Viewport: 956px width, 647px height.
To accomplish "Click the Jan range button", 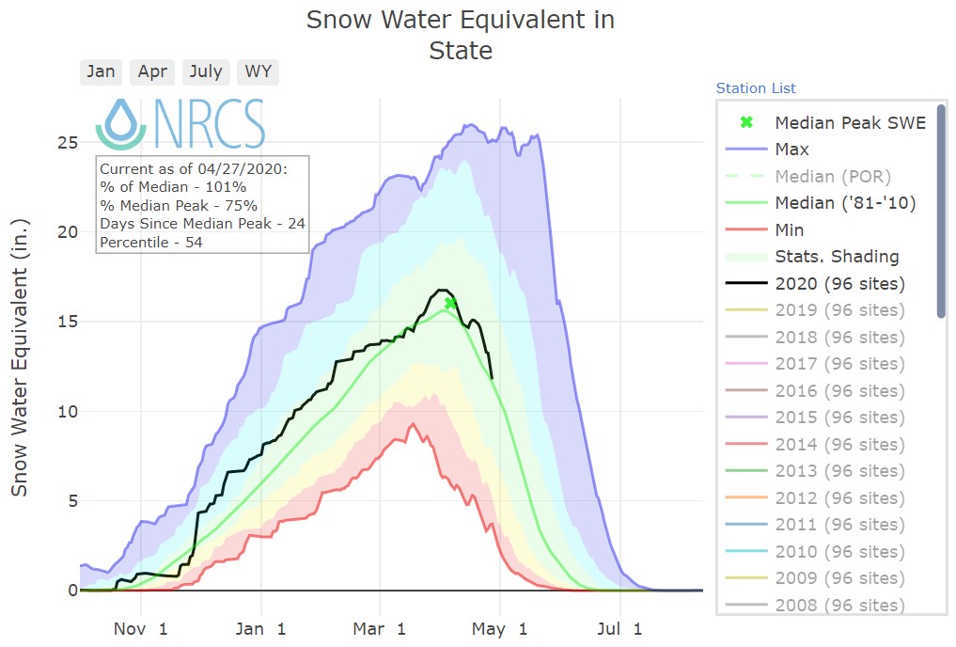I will click(x=101, y=72).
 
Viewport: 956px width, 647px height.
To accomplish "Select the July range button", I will click(x=206, y=72).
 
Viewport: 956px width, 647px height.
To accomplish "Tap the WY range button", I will click(x=257, y=72).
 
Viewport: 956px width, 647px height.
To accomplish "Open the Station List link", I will click(x=756, y=88).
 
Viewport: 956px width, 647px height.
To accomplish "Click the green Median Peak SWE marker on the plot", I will click(x=451, y=303).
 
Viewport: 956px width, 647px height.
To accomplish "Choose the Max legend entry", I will click(x=791, y=150).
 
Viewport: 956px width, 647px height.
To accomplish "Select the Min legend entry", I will click(x=790, y=230).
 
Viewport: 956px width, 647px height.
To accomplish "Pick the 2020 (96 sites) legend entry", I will click(x=839, y=284).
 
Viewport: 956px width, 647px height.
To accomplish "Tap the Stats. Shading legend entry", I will click(x=837, y=257).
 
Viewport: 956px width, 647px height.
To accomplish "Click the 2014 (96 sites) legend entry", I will click(x=839, y=445).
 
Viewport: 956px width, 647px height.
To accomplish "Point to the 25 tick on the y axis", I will click(x=63, y=143).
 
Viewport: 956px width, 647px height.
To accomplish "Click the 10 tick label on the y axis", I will click(x=63, y=412).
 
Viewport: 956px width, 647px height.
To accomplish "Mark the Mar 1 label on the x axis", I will click(x=381, y=627).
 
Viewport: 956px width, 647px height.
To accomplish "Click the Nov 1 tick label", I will click(x=141, y=627).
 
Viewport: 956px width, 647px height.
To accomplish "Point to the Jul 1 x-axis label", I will click(x=619, y=627).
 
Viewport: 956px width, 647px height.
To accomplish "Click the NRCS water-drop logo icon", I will click(x=120, y=122).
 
